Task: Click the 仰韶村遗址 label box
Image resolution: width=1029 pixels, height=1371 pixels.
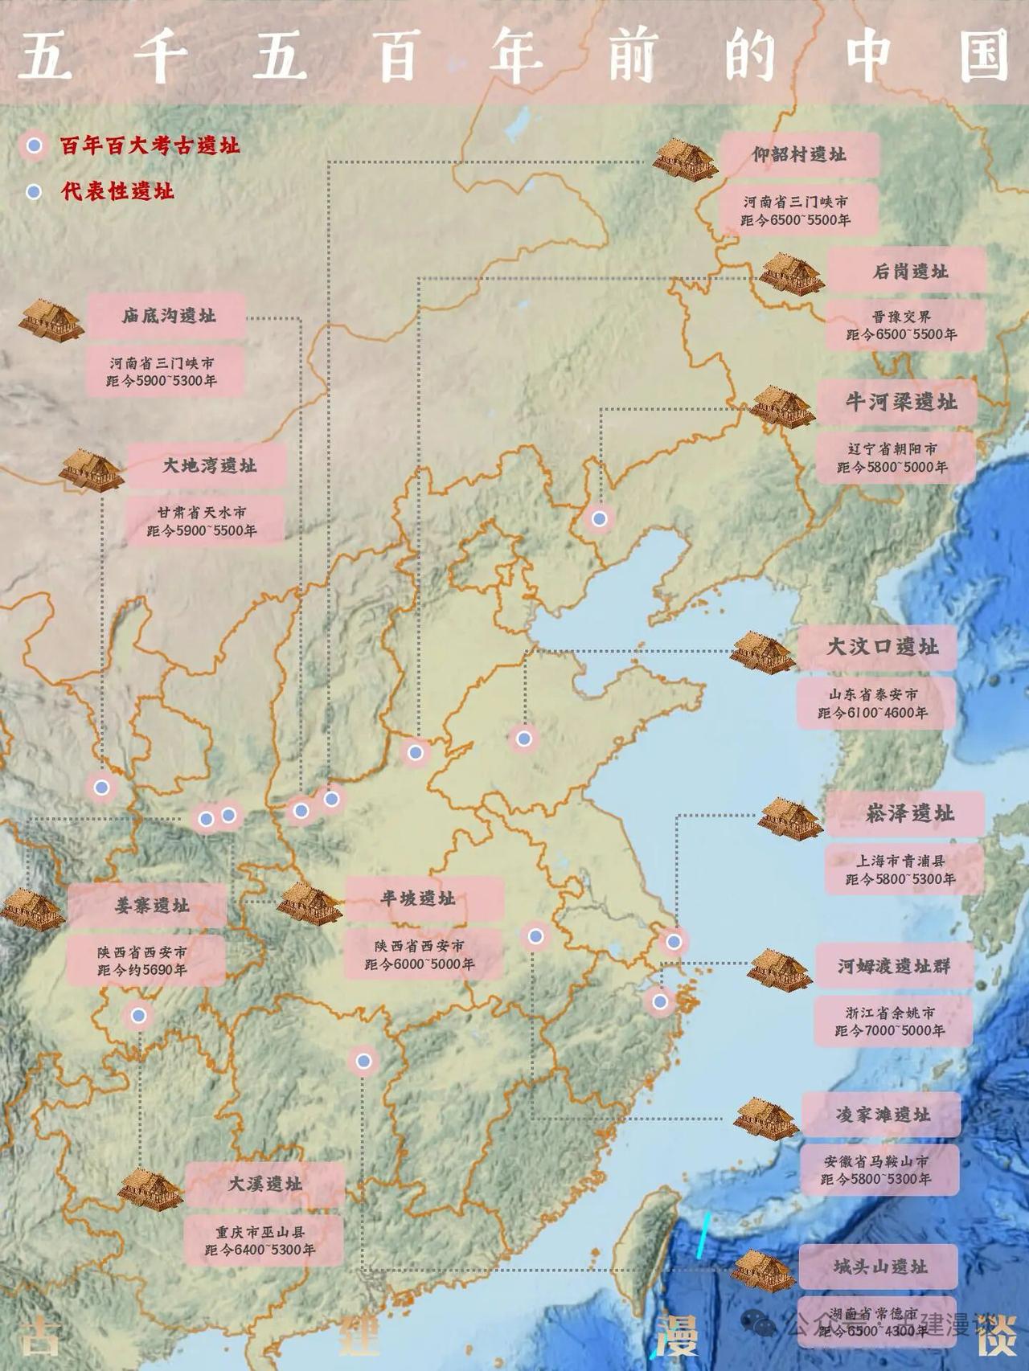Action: click(799, 154)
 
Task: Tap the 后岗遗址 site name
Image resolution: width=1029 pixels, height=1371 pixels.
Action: click(909, 271)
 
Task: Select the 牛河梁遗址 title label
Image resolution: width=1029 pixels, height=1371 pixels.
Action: click(900, 402)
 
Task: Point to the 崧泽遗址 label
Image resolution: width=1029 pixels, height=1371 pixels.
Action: click(909, 813)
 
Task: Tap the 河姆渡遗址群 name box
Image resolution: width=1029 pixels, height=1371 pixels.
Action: click(894, 966)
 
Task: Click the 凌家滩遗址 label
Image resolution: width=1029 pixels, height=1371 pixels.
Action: click(882, 1115)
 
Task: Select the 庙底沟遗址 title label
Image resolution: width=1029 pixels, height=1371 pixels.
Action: click(169, 316)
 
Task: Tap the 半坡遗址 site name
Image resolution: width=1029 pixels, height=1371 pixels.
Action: click(418, 898)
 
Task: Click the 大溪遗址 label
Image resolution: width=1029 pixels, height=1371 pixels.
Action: click(264, 1184)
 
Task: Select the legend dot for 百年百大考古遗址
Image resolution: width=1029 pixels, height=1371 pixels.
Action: click(33, 146)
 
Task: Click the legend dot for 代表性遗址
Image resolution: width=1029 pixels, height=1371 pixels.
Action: click(33, 192)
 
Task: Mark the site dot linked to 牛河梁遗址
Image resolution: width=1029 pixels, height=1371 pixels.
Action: click(599, 518)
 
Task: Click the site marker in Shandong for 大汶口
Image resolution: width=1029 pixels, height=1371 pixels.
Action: click(524, 738)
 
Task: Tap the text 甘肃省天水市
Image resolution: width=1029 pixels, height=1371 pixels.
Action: click(202, 512)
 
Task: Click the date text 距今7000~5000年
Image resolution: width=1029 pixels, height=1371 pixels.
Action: click(890, 1030)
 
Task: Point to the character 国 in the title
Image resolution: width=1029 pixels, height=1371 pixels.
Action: click(984, 56)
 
